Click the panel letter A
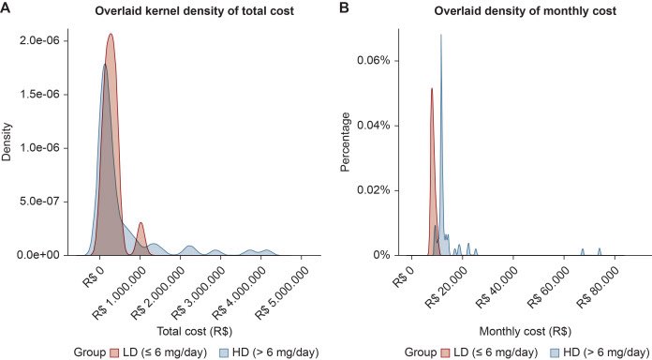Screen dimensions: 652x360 [x=6, y=8]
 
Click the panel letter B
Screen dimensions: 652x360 [x=345, y=8]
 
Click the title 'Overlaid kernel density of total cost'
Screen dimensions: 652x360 [x=195, y=11]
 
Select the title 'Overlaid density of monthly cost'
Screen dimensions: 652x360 [x=526, y=11]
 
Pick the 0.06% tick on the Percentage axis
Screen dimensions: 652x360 [x=374, y=61]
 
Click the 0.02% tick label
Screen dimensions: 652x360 [x=374, y=190]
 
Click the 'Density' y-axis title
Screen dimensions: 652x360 [x=7, y=142]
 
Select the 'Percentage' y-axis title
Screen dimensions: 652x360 [x=346, y=142]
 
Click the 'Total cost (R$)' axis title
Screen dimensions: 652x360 [x=195, y=332]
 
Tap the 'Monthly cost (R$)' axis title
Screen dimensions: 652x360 [x=526, y=332]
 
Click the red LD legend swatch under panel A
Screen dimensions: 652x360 [x=114, y=352]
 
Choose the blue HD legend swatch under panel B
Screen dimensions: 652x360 [x=557, y=352]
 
